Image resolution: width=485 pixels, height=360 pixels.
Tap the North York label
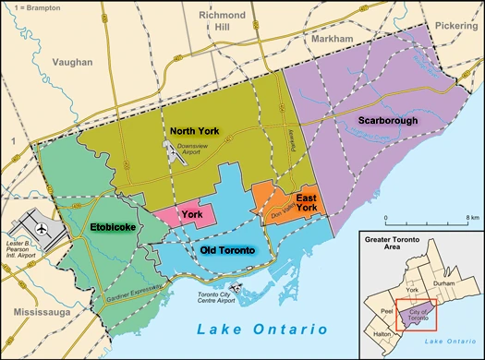(193, 130)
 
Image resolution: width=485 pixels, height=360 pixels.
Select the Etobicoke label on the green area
(115, 224)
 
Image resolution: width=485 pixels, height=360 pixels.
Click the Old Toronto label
(227, 250)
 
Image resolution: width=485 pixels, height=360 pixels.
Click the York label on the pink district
(192, 214)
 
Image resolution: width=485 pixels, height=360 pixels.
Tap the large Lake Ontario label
(261, 330)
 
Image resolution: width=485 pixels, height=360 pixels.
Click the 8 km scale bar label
(470, 218)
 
